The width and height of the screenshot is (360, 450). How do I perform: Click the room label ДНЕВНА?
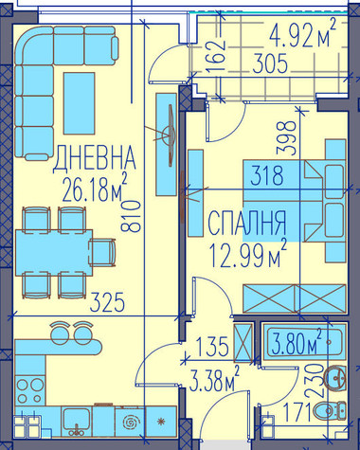click(95, 158)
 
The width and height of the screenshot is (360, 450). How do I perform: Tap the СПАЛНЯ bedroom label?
click(246, 224)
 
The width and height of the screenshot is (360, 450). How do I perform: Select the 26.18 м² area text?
click(95, 189)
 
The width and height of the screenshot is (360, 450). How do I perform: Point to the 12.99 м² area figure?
click(248, 253)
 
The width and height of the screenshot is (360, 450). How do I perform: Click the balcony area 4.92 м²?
click(302, 34)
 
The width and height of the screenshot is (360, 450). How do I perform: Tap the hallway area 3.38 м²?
click(214, 379)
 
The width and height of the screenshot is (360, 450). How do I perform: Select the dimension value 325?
click(107, 302)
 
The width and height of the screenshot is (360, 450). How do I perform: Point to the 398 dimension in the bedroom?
click(286, 138)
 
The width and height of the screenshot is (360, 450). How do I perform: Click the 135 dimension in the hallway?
click(212, 347)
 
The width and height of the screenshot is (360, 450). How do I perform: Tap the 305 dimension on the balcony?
click(271, 63)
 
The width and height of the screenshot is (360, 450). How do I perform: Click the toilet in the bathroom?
click(330, 410)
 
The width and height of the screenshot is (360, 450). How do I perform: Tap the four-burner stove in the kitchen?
click(30, 391)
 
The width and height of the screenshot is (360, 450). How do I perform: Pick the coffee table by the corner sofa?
click(79, 103)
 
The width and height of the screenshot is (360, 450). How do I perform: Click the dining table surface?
click(54, 253)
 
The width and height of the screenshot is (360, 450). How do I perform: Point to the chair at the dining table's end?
click(102, 253)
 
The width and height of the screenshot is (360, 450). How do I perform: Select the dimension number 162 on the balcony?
click(217, 56)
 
